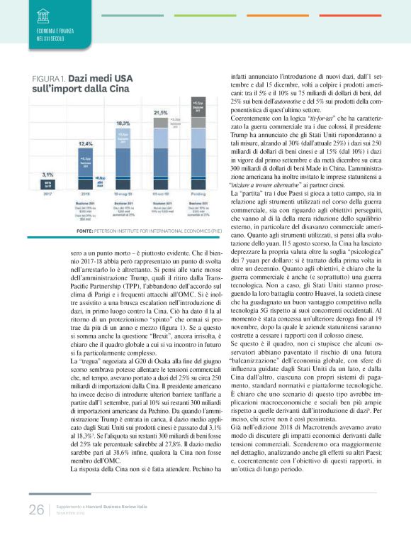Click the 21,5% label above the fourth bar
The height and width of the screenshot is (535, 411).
(x=159, y=113)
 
